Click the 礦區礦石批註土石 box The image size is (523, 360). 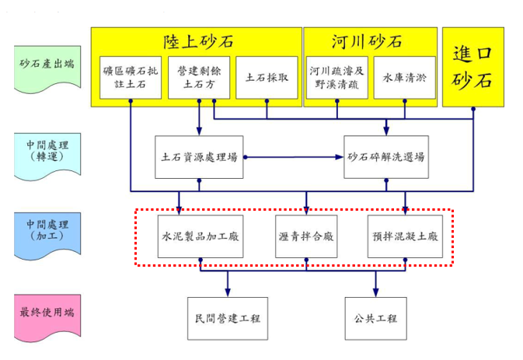coord(131,78)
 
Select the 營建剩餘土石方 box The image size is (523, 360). coord(198,78)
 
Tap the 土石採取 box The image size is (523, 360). coord(267,78)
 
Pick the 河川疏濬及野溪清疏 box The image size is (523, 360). coord(336,78)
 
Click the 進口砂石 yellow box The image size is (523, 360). coord(473,66)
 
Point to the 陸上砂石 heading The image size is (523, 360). coord(198,40)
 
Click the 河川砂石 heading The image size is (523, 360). coord(369,40)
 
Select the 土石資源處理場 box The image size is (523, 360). coord(199,157)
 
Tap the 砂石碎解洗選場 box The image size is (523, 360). coord(385,157)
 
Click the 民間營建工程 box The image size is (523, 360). coord(228,319)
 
